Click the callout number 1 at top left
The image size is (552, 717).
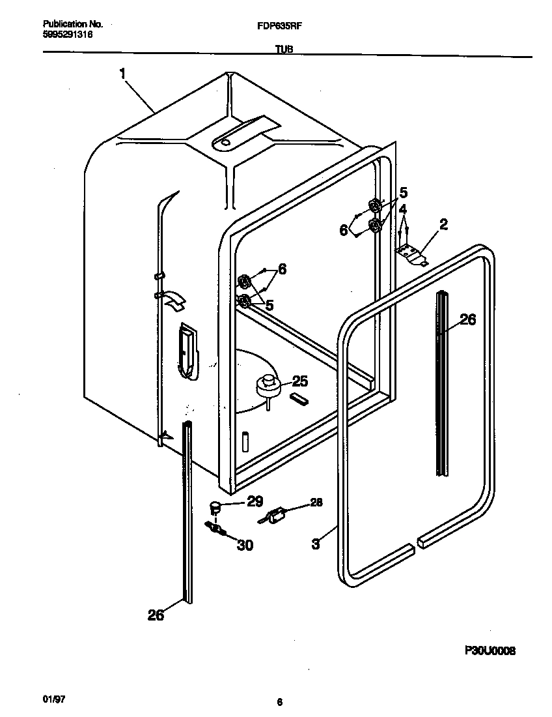point(122,74)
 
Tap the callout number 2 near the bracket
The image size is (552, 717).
point(443,225)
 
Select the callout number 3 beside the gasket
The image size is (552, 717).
point(316,544)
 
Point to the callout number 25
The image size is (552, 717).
point(299,382)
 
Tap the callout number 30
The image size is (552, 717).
point(245,545)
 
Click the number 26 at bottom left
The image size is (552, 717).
point(156,614)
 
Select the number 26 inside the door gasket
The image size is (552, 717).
point(467,319)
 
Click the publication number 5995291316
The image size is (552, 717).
point(64,35)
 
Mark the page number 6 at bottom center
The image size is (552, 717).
point(279,703)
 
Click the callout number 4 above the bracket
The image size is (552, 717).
point(404,209)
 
